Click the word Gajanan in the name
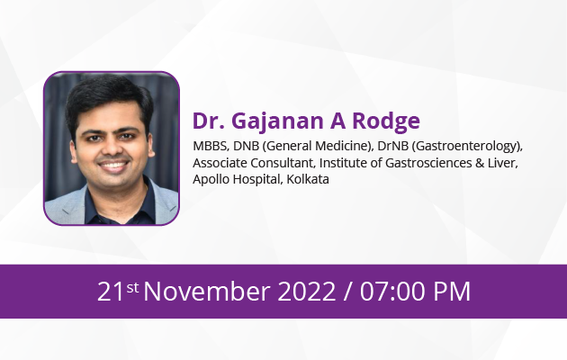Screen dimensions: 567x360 tap(280, 121)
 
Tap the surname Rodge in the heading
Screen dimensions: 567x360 tap(386, 121)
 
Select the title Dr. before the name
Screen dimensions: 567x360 tap(208, 121)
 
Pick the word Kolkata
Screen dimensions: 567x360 tap(308, 179)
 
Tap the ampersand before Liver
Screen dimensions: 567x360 tap(480, 163)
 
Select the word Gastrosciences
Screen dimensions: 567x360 tap(428, 163)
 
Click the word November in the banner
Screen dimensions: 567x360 tap(207, 292)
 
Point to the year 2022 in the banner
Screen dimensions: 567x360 tap(307, 292)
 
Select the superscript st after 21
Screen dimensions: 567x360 tap(132, 288)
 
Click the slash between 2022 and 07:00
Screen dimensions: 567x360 tap(348, 292)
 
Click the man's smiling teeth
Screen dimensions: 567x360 tap(113, 166)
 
